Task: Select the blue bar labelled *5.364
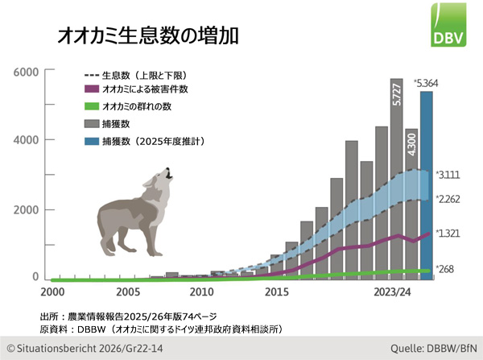tap(427, 185)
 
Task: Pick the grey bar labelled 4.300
tap(411, 201)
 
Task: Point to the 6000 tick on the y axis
tap(26, 72)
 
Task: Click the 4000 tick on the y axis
tap(26, 140)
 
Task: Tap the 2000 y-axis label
tap(26, 209)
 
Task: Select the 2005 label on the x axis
tap(127, 292)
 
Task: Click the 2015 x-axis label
tap(276, 292)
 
